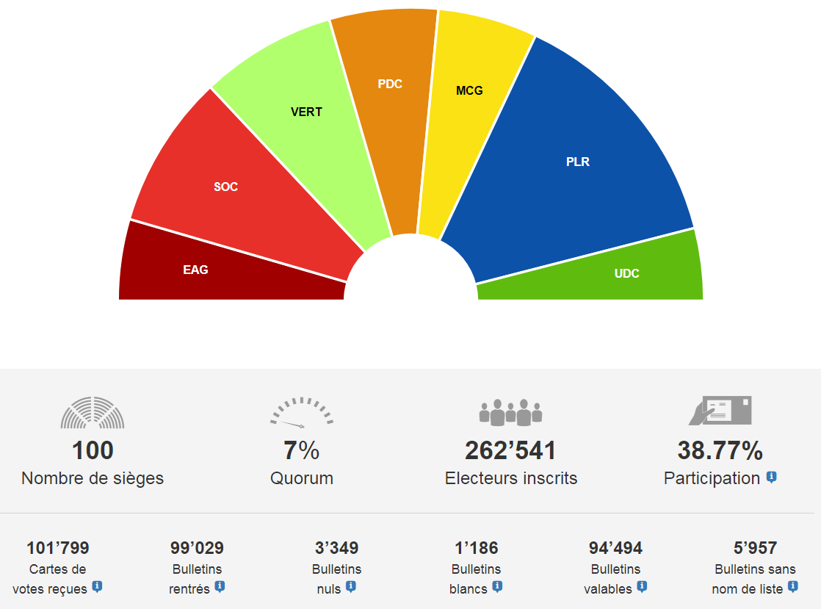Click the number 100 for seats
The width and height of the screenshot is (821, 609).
tap(93, 450)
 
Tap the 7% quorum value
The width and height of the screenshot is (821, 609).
tap(301, 450)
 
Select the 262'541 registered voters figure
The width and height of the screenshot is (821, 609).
tap(510, 450)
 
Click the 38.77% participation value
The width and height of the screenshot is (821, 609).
tap(720, 450)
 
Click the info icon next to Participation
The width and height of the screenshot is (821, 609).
tap(771, 477)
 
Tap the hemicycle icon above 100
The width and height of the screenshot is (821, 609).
tap(93, 412)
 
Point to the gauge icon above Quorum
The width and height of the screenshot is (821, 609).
tap(301, 412)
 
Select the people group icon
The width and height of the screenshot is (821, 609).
tap(510, 412)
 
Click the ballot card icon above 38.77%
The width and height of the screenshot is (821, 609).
tap(720, 411)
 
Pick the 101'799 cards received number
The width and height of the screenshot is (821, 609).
tap(57, 548)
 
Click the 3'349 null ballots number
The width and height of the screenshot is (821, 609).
tap(336, 548)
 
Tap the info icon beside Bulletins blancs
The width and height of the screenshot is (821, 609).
tap(497, 586)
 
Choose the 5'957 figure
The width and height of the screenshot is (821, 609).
tap(755, 548)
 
